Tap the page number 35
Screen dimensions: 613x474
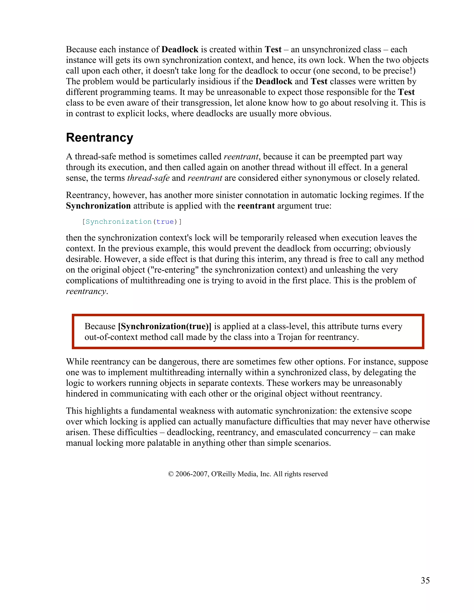(x=425, y=580)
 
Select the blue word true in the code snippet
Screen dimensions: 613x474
(x=165, y=222)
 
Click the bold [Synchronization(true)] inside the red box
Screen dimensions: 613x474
(x=165, y=326)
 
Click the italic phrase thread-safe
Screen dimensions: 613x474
(x=148, y=178)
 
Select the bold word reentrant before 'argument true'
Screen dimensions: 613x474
(x=256, y=206)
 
